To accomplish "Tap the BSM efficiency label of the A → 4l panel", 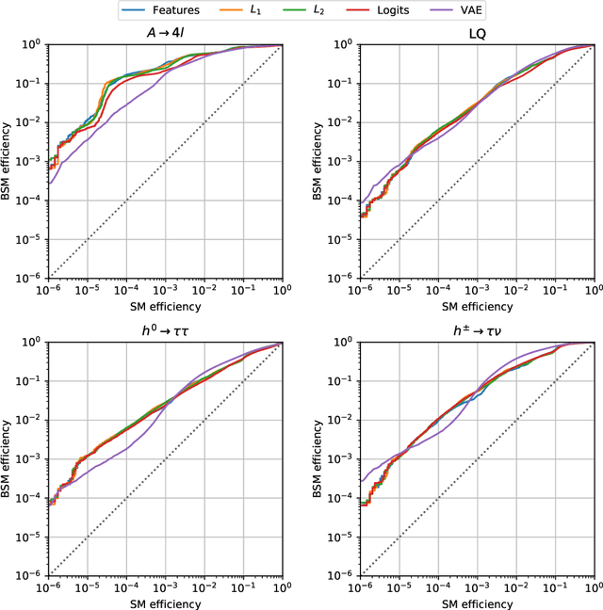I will [9, 162].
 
